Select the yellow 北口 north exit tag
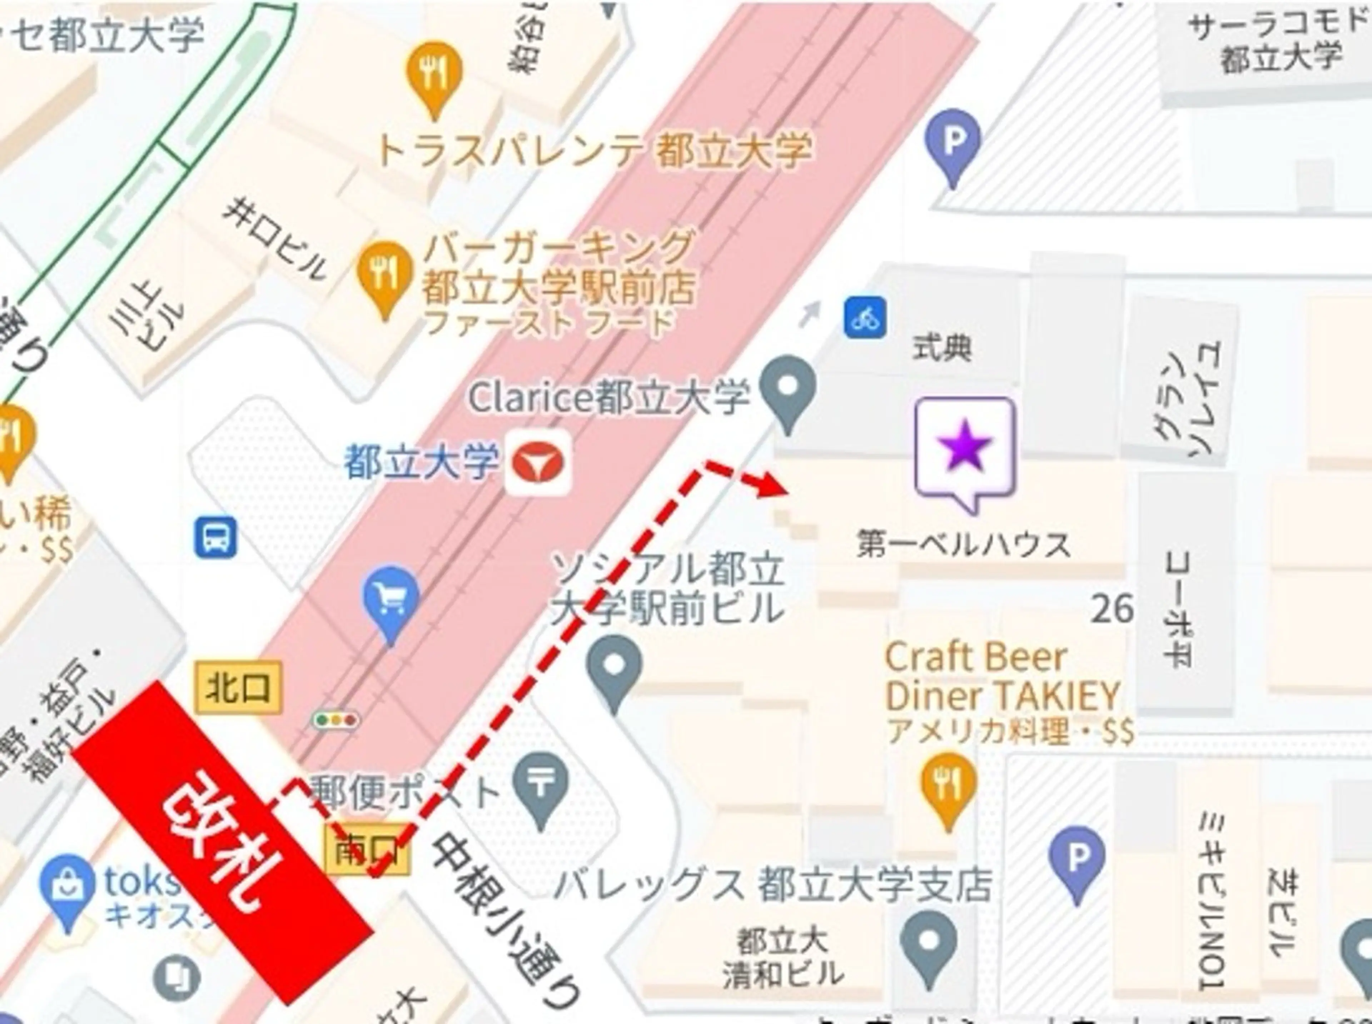[239, 687]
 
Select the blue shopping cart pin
[391, 600]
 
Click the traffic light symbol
[335, 720]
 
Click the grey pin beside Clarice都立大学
[787, 389]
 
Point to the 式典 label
[942, 347]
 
